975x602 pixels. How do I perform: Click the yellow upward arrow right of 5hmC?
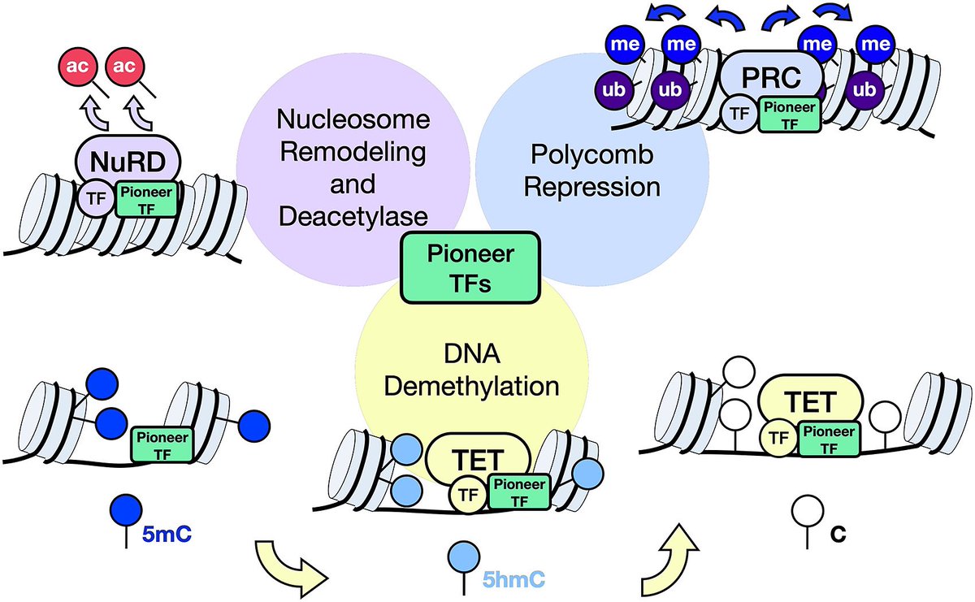tap(672, 555)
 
